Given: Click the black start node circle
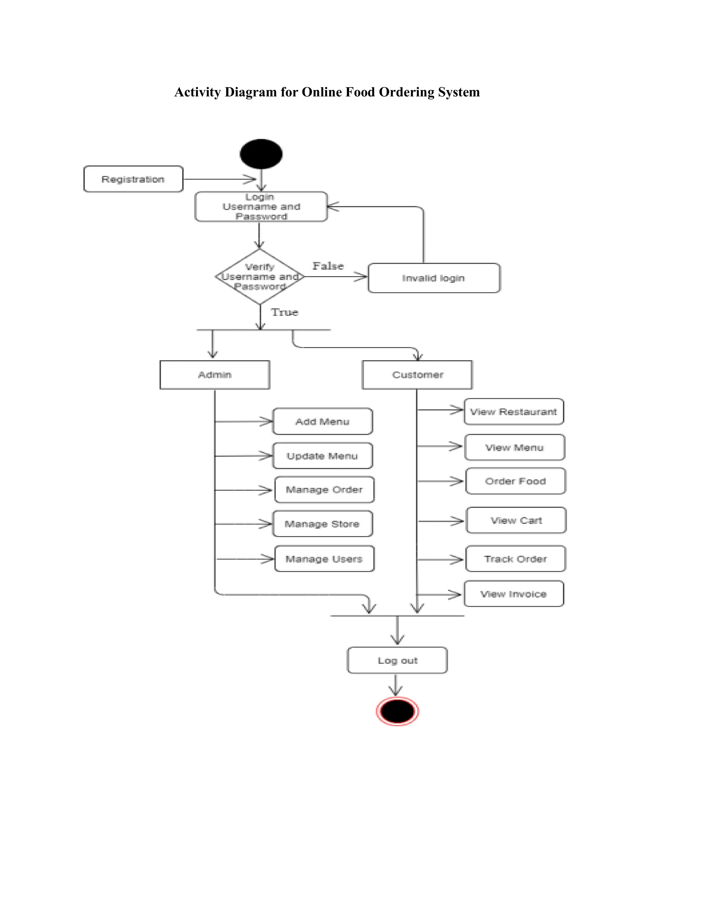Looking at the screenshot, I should (261, 154).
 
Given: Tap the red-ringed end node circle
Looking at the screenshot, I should (397, 711).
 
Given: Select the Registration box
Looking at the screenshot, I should (133, 179).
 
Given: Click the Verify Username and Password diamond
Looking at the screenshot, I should (260, 277).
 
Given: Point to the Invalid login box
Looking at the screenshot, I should (433, 278).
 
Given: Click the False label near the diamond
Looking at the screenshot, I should (327, 266).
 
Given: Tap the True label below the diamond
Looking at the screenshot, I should (284, 312).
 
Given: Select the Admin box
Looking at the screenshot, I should (215, 374).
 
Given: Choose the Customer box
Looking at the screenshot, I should (417, 374).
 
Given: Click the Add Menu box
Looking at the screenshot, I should (322, 421).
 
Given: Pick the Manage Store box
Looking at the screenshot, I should (322, 524).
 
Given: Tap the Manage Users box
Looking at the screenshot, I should (324, 559).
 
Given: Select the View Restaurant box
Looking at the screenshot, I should (513, 412).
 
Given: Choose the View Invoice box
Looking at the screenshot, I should (513, 594).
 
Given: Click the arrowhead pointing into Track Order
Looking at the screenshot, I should (458, 560).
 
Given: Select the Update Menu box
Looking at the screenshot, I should (322, 456).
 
